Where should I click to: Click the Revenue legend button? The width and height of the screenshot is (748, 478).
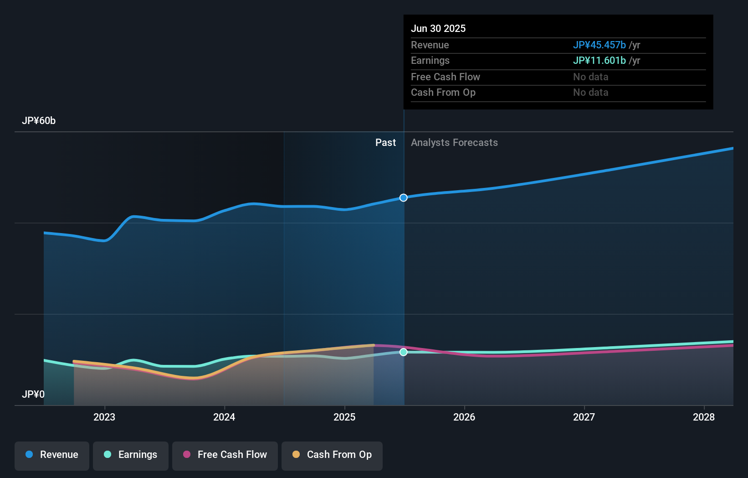52,455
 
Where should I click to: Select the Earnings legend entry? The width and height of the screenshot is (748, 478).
131,455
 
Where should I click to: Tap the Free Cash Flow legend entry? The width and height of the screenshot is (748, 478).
225,455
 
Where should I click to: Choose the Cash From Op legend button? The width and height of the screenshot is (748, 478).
332,455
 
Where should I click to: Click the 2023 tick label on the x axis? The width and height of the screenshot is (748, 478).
104,417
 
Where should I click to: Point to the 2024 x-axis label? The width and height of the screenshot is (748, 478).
224,417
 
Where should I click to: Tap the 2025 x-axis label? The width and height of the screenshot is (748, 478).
344,417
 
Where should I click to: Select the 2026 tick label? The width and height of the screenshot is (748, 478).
464,417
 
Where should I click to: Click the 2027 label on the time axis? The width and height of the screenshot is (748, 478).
584,417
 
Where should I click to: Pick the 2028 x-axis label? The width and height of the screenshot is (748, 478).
704,417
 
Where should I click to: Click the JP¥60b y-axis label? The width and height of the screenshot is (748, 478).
39,121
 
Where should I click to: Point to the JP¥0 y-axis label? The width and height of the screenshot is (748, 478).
33,394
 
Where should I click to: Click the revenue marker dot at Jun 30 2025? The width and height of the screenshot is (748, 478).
404,197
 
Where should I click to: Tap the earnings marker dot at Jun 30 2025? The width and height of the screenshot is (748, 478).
404,352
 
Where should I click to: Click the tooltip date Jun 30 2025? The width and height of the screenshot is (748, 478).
438,28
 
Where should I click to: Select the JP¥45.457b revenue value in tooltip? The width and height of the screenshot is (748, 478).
599,45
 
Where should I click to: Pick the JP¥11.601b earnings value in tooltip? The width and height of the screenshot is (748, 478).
599,60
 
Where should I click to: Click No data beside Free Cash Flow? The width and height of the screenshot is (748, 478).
590,77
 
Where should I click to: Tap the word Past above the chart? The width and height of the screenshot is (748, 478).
385,142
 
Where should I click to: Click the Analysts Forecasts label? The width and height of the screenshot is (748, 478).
454,142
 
